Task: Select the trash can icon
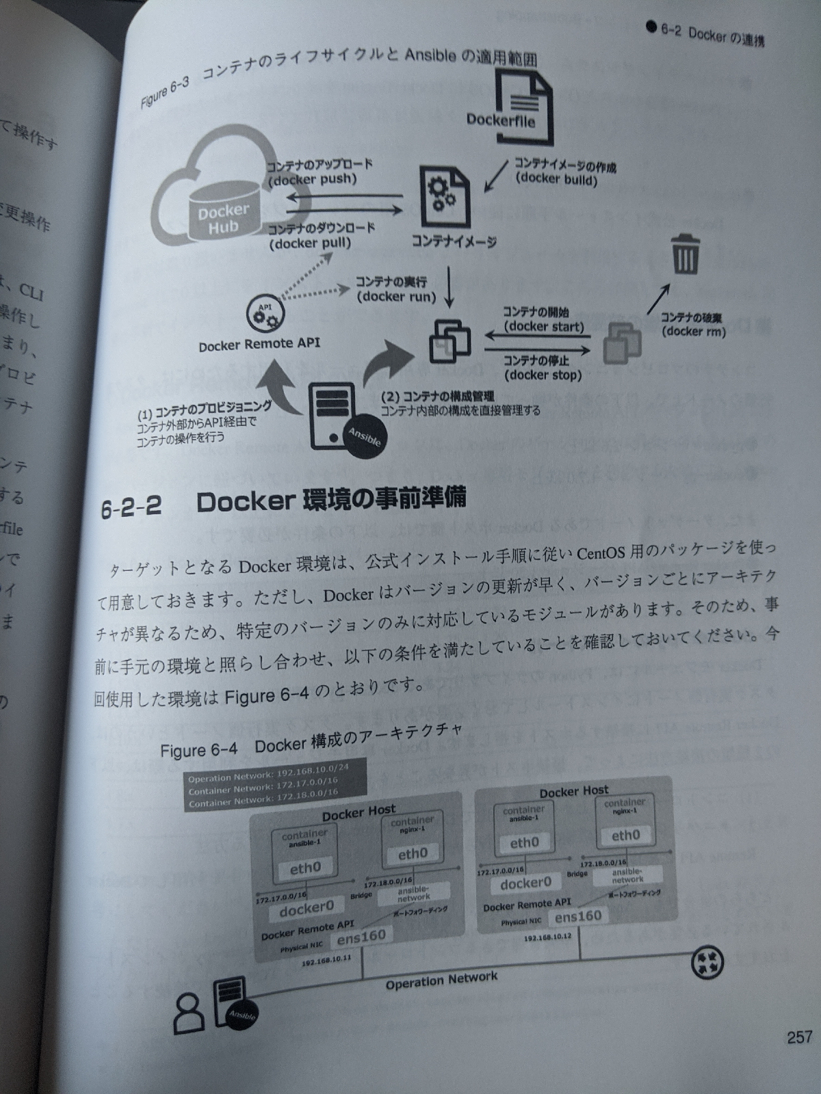pos(683,254)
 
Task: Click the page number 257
pos(798,1037)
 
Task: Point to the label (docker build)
pos(556,180)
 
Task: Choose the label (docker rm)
pos(694,332)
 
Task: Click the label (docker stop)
pos(543,375)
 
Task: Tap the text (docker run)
pos(396,297)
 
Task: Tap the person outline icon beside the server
pos(188,1012)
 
